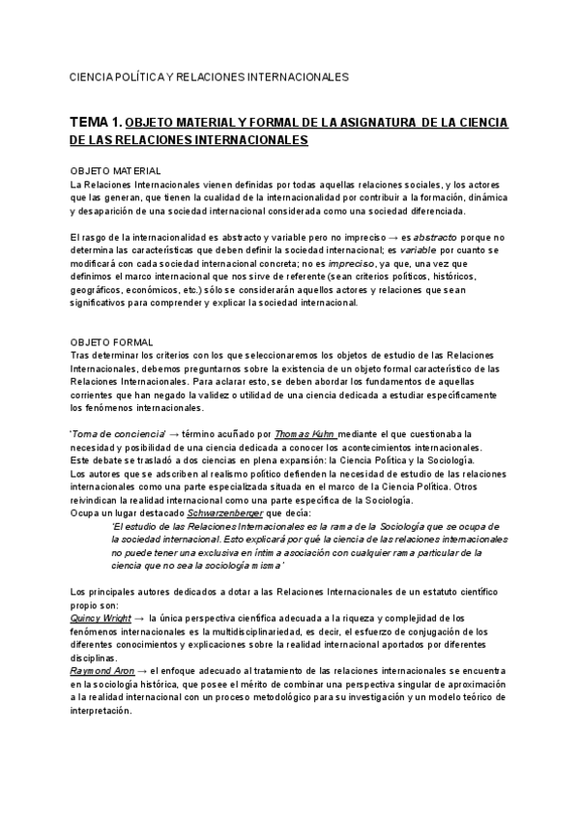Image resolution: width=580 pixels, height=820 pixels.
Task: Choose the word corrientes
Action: [96, 395]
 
